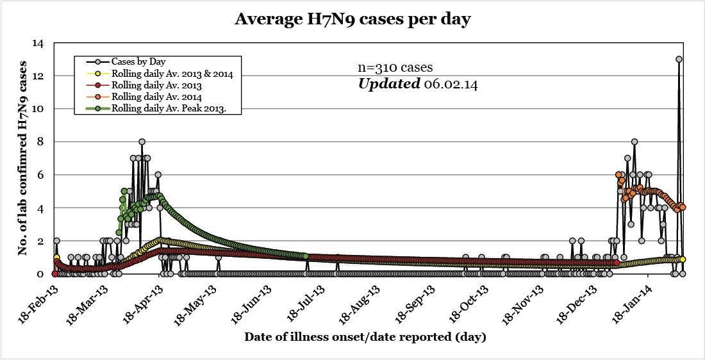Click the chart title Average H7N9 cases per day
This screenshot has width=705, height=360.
(x=352, y=20)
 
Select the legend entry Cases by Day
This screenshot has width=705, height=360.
(x=138, y=61)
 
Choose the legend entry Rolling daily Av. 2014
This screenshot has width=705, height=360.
(x=156, y=97)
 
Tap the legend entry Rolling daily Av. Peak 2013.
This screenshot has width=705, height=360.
(x=176, y=108)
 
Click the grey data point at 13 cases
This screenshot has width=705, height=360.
(x=679, y=59)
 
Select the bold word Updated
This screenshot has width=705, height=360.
(x=388, y=83)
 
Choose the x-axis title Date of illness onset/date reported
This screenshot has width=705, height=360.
(x=365, y=336)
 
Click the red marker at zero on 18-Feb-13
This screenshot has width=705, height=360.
(x=54, y=274)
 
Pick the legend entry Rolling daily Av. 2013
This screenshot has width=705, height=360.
(x=156, y=85)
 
